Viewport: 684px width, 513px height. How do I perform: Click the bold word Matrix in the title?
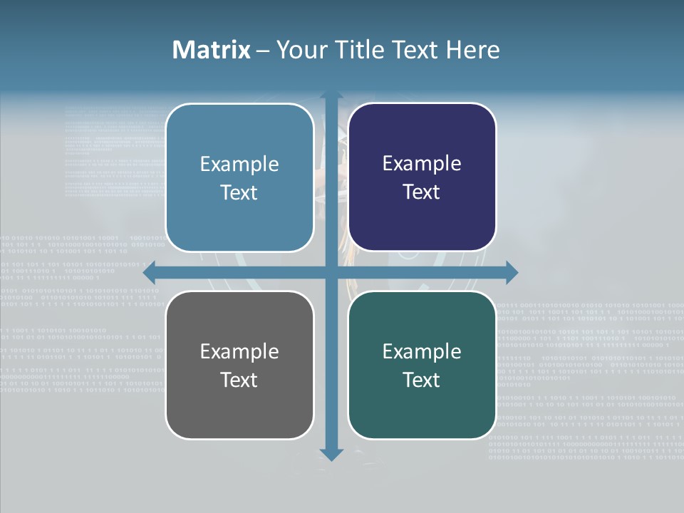212,50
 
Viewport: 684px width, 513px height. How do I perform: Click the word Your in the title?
298,50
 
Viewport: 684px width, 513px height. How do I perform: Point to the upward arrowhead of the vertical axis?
331,95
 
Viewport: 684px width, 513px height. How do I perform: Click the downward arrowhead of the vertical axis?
331,455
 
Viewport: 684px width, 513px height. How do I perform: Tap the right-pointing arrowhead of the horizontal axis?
512,272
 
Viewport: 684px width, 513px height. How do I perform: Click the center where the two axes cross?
331,272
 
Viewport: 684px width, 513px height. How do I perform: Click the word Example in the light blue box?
239,165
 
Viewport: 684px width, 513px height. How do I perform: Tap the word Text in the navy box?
422,192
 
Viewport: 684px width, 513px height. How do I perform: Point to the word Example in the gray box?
239,351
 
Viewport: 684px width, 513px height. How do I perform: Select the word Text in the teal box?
422,380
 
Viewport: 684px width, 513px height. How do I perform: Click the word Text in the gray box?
239,380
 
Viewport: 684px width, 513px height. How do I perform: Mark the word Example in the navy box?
422,164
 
